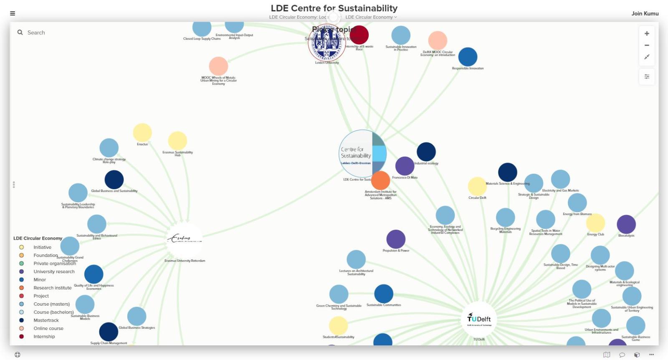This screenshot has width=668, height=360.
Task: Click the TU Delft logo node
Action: (x=479, y=319)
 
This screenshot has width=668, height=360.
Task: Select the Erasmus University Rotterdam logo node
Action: (x=184, y=239)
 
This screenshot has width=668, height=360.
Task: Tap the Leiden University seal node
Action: (x=327, y=43)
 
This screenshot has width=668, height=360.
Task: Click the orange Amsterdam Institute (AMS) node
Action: (x=380, y=180)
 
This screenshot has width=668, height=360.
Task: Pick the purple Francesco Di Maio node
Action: (x=405, y=166)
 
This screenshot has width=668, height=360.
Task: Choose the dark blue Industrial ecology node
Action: (x=426, y=152)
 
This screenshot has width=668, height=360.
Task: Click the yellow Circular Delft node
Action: (x=477, y=186)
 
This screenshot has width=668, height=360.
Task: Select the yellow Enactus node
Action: (x=142, y=133)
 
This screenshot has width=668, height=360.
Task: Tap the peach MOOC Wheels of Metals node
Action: (x=218, y=66)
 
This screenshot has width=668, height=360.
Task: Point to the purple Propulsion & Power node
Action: (x=396, y=239)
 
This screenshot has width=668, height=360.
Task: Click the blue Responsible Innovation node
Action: (x=468, y=57)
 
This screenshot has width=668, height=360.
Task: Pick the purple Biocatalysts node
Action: (x=626, y=224)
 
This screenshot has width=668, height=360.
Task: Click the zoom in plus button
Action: (x=647, y=34)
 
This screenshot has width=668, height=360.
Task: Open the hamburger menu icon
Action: (x=13, y=13)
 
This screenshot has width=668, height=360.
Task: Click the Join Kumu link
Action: (x=645, y=13)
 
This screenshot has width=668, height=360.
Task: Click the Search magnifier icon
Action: (x=20, y=33)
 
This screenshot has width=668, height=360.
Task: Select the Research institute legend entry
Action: (x=52, y=288)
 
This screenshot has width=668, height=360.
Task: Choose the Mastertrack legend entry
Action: (x=46, y=320)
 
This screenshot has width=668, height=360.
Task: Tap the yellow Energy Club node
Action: (x=595, y=223)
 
